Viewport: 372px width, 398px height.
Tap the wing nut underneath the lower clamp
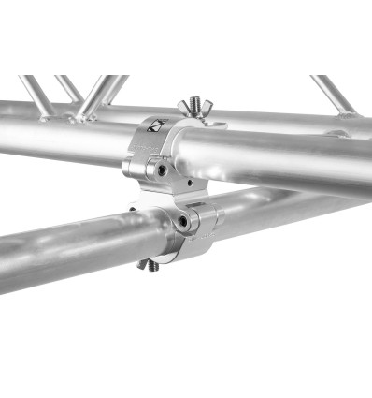click(x=150, y=264)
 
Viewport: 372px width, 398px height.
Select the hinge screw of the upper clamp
click(x=162, y=171)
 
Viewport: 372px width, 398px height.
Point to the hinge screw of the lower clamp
click(x=183, y=222)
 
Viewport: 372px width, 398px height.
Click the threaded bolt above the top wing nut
click(x=194, y=101)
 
